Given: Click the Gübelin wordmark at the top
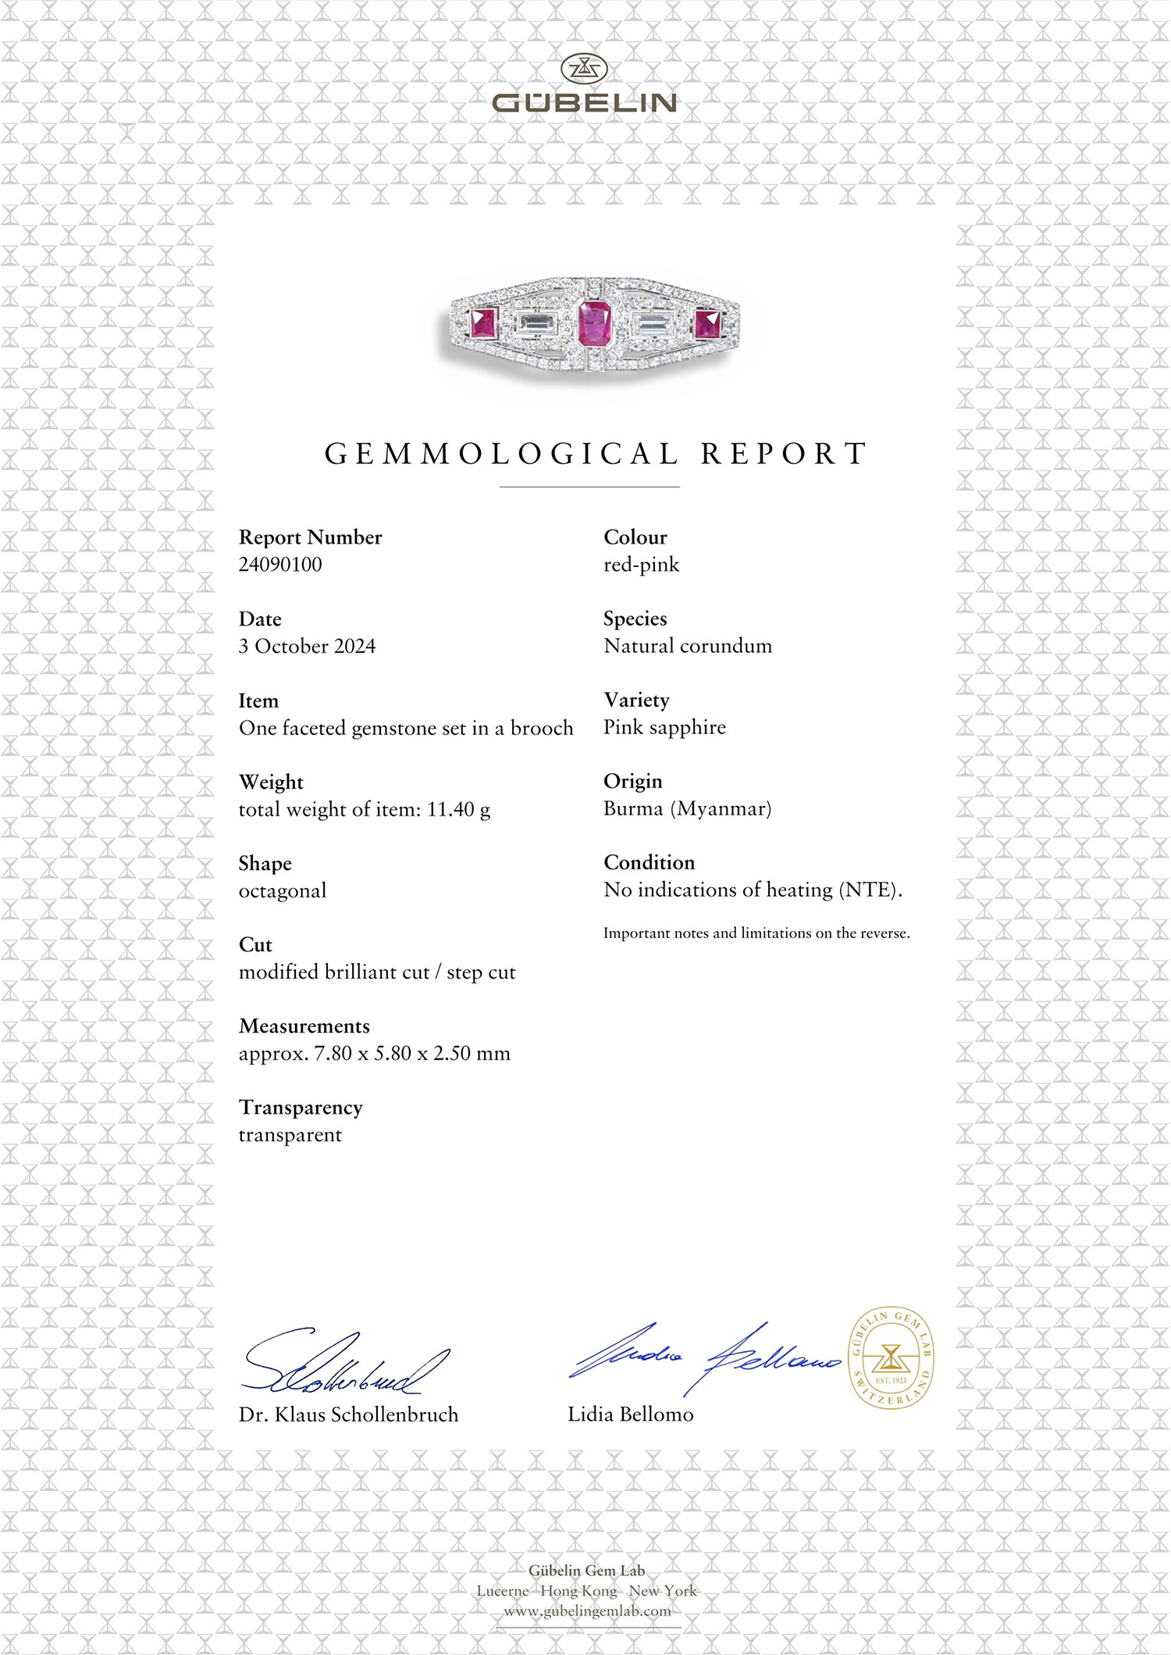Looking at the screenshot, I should pyautogui.click(x=585, y=102).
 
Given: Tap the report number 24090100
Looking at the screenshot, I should pyautogui.click(x=280, y=565).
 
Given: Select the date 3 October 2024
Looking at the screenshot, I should pyautogui.click(x=307, y=647).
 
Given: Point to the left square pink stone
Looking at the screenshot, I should pyautogui.click(x=483, y=323).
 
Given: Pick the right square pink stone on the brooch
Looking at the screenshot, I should pyautogui.click(x=708, y=323).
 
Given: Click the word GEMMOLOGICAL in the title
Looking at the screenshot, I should pyautogui.click(x=501, y=454).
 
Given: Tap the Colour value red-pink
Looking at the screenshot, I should pyautogui.click(x=641, y=565).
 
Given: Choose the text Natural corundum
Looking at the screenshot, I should pyautogui.click(x=688, y=646).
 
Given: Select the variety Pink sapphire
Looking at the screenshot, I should pyautogui.click(x=664, y=727).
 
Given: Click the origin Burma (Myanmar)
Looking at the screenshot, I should pyautogui.click(x=687, y=808).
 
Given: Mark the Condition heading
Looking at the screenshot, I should pyautogui.click(x=649, y=862).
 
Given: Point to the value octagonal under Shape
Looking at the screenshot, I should pyautogui.click(x=283, y=891).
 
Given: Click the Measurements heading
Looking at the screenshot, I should pyautogui.click(x=304, y=1026).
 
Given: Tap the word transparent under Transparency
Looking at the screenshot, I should pyautogui.click(x=290, y=1136).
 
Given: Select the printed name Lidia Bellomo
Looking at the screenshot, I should pyautogui.click(x=630, y=1414).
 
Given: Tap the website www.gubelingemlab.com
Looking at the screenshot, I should pyautogui.click(x=587, y=1611).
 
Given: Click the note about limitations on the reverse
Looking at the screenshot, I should pyautogui.click(x=756, y=933).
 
